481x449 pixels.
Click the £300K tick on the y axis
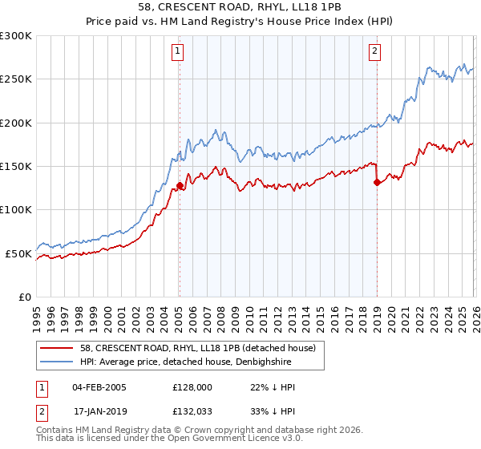pos(15,36)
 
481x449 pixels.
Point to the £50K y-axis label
pos(18,253)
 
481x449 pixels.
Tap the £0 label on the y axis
pos(25,297)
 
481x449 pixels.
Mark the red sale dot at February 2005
pos(180,185)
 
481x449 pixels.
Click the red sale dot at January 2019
pos(376,182)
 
